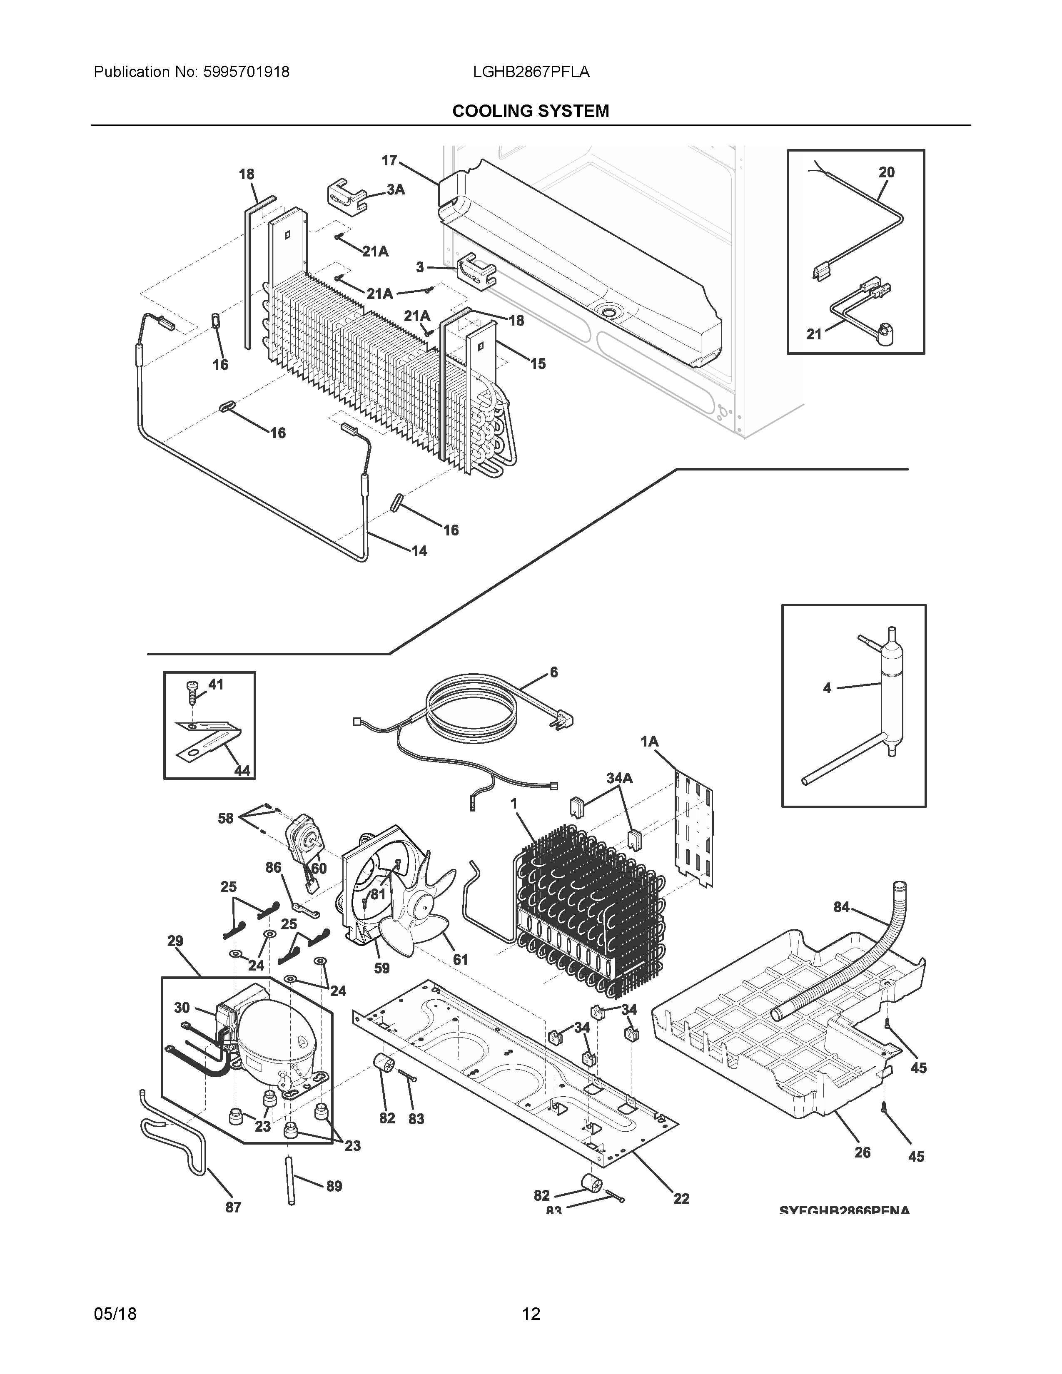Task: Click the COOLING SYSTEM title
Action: tap(530, 111)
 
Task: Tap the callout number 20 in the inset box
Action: tap(887, 172)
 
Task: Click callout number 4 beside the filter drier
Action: tap(827, 688)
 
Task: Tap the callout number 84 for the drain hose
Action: tap(841, 906)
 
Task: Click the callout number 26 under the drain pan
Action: tap(862, 1152)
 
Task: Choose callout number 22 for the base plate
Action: tap(681, 1198)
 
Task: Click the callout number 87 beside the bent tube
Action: tap(233, 1207)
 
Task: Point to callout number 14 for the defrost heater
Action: tap(419, 551)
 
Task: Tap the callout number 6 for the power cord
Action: tap(553, 672)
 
